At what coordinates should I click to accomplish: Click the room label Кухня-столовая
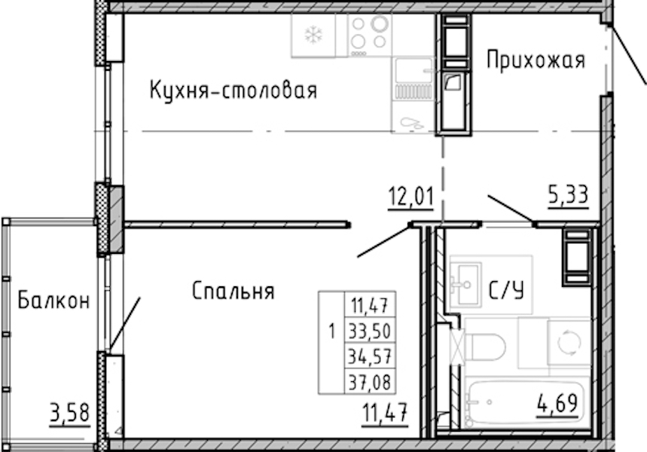233,91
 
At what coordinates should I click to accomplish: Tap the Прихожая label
536,60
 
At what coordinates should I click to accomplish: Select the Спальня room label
233,291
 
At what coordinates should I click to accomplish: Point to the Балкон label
53,301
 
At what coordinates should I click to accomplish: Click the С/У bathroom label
507,290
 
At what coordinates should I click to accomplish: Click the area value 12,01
411,197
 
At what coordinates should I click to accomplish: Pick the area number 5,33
568,194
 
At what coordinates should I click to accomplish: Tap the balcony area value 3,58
69,413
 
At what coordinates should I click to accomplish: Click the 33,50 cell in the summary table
370,331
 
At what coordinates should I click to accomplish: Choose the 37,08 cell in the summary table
370,382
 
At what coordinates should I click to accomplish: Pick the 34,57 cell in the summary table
370,356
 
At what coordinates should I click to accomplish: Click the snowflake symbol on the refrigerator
313,35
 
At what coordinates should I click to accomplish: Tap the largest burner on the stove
380,23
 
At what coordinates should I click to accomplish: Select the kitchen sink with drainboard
413,79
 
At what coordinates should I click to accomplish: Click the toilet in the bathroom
484,347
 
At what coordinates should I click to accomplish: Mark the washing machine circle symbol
569,341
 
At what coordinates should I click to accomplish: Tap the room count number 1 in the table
331,331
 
